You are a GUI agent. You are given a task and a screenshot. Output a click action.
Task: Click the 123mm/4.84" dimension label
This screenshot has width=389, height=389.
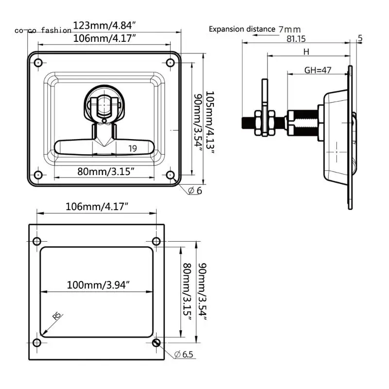coord(104,25)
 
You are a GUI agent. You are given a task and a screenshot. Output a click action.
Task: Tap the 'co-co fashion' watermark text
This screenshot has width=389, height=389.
coord(43,30)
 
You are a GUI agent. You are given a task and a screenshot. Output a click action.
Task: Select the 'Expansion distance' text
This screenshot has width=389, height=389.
coord(242,29)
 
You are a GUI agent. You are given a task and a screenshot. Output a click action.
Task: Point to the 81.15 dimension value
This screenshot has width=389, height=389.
coord(300,39)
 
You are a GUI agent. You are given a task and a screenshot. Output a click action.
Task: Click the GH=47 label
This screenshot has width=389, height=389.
coord(318,70)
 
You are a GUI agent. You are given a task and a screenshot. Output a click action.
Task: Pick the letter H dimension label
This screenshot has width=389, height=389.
coord(306,52)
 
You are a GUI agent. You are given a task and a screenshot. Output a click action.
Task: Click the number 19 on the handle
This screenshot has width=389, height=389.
coord(132,149)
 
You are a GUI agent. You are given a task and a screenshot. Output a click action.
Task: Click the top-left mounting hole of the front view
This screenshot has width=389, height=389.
coord(38,62)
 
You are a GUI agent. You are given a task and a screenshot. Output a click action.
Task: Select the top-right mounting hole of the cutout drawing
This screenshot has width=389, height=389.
coord(156,241)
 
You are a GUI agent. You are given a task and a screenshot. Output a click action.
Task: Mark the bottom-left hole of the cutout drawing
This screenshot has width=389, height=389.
coord(37,342)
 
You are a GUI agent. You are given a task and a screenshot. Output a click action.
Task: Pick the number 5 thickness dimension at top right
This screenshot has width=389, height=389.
coord(360,38)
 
